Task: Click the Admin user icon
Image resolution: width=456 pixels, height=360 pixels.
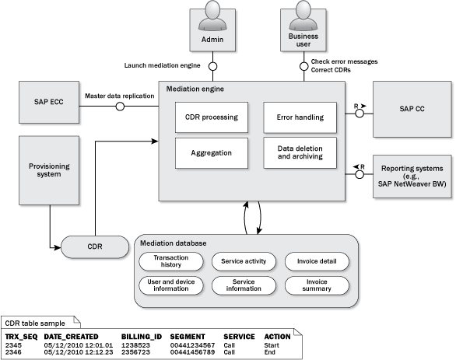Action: click(x=212, y=16)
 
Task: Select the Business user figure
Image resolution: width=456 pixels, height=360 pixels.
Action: click(x=303, y=16)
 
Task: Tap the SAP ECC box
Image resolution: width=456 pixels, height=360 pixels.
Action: click(x=49, y=103)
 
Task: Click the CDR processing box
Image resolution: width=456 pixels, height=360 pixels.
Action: click(x=212, y=117)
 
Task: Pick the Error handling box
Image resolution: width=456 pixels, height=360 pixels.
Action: click(x=300, y=117)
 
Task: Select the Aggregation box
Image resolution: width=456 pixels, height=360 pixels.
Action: click(x=212, y=153)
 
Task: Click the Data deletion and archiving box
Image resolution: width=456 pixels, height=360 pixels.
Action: click(x=300, y=153)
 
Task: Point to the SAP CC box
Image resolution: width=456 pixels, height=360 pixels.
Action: click(x=412, y=110)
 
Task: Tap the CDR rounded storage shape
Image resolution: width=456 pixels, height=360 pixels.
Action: click(x=95, y=247)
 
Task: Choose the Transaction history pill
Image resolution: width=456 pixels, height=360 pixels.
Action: click(x=171, y=261)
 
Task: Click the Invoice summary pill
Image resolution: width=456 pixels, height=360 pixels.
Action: click(x=317, y=285)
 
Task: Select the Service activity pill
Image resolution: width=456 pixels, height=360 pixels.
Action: click(x=244, y=261)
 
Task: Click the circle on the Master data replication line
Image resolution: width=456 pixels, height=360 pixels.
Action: click(x=120, y=107)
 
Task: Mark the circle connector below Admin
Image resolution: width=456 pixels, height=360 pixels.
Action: click(x=213, y=67)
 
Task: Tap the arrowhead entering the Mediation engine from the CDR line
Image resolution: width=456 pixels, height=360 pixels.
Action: click(x=155, y=142)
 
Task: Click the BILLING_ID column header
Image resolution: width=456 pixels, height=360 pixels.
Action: click(x=142, y=337)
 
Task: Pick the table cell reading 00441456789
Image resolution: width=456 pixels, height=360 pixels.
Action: click(x=192, y=352)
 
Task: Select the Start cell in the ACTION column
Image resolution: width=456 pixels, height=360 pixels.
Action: click(x=272, y=345)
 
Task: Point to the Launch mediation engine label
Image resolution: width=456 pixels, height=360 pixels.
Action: click(x=163, y=65)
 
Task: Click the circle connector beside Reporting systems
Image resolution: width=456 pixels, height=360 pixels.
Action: click(x=360, y=174)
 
